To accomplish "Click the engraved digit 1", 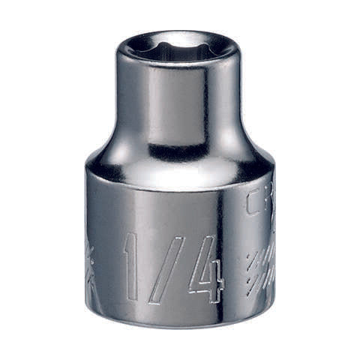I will pos(132,266).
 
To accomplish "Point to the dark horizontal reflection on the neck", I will pos(178,151).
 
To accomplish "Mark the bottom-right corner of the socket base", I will pos(264,304).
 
